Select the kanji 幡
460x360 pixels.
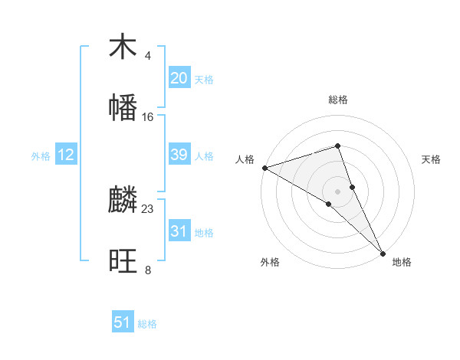123,108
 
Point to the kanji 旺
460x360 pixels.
123,261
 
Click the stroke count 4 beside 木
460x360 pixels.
148,56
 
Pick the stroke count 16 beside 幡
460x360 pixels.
148,116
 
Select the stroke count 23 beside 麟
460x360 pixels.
148,208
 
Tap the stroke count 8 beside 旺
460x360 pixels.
148,270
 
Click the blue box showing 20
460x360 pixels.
179,78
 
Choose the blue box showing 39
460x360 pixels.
179,155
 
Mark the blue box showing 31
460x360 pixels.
179,231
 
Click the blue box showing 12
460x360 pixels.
66,155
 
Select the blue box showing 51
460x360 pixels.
123,322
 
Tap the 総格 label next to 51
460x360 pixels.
147,324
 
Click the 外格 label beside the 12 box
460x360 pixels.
41,156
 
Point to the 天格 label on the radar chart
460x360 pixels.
432,159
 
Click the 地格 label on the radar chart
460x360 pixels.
402,263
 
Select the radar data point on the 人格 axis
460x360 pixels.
264,167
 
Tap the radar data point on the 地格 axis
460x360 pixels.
383,252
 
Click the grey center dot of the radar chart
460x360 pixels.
338,191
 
